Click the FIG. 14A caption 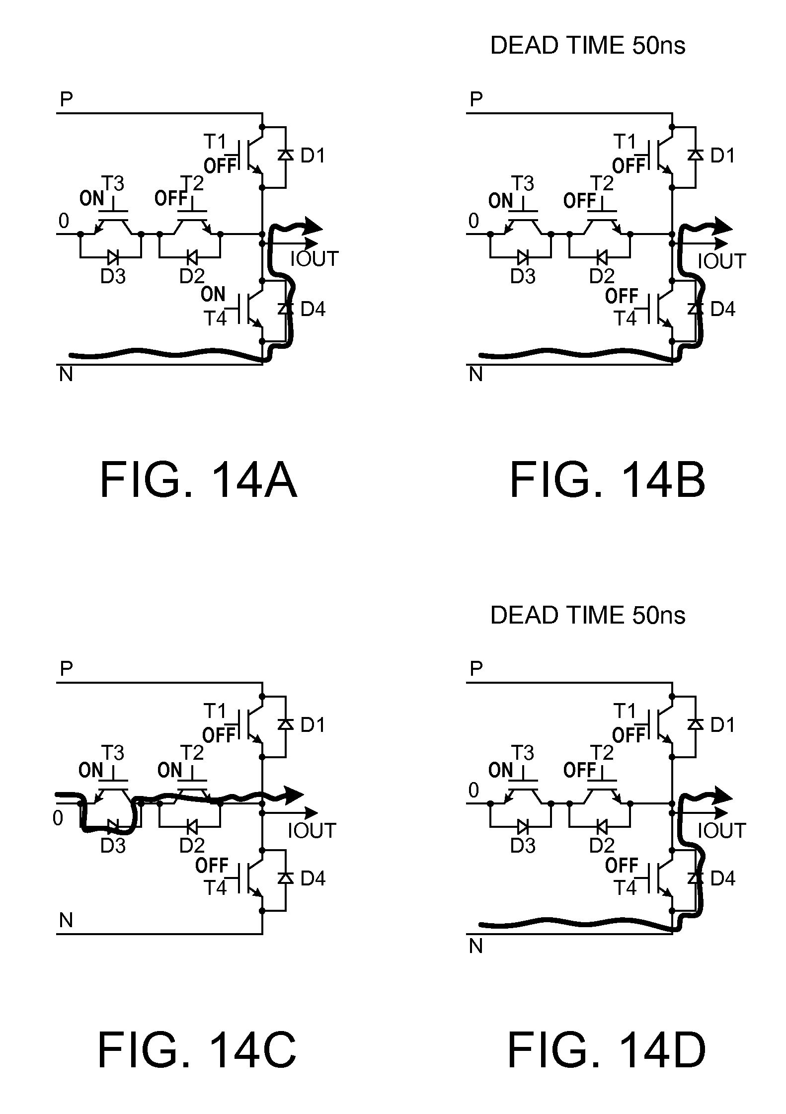198,480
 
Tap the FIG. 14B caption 607,480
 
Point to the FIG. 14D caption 606,1049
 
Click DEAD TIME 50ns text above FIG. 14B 587,46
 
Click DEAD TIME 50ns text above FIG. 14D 587,615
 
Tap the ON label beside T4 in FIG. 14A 213,295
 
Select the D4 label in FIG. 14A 313,309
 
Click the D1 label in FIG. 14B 722,156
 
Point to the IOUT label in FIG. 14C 312,830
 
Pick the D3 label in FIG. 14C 113,845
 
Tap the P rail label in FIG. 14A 66,100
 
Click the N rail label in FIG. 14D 476,947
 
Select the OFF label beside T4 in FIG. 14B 622,296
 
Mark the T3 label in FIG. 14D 523,753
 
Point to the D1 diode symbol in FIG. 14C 285,724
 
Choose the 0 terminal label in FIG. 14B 473,221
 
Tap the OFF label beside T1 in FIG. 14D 629,734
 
